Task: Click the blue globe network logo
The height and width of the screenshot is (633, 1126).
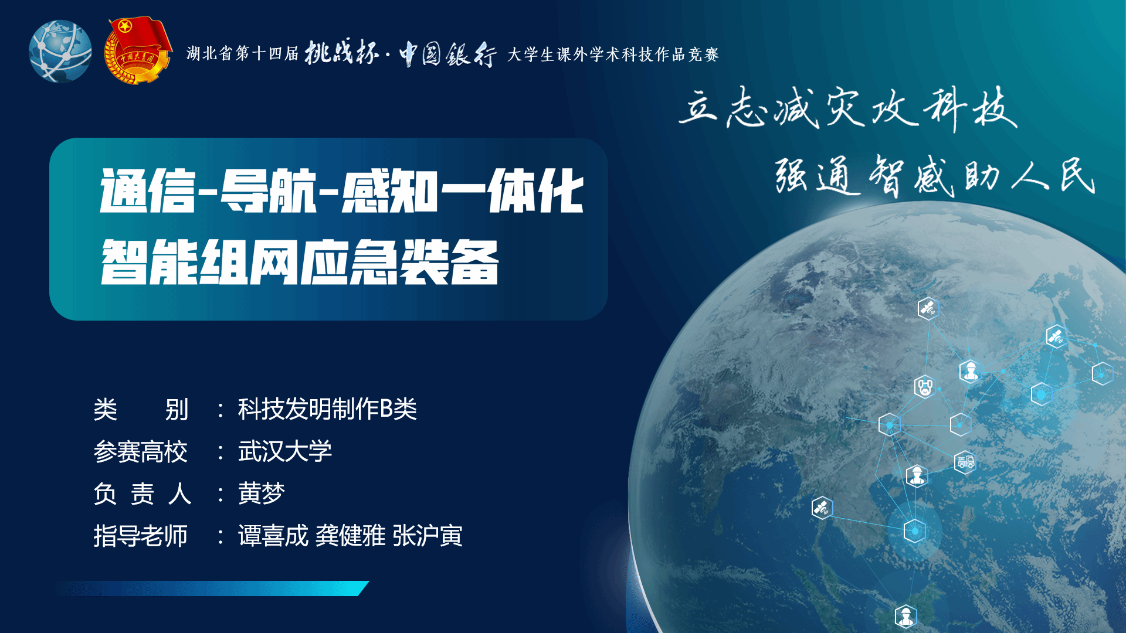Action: tap(60, 52)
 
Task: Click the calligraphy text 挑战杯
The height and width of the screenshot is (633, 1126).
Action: tap(341, 53)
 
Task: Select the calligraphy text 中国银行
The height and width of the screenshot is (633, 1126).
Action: tap(448, 55)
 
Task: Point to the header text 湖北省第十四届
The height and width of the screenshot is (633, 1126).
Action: tap(243, 54)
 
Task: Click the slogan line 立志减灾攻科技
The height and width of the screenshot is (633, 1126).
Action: tap(848, 108)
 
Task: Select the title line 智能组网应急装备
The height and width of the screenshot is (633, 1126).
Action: tap(300, 262)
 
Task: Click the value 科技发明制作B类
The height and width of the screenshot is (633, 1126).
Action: tap(327, 409)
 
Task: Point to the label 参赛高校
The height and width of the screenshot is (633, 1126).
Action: tap(141, 452)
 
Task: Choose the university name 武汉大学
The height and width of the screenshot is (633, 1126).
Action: tap(285, 451)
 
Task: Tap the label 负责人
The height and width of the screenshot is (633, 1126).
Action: tap(143, 494)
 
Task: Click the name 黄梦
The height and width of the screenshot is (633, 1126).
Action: tap(261, 494)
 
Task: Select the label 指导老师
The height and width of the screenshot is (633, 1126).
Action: tap(141, 536)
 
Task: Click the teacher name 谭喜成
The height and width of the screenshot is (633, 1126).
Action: tap(273, 536)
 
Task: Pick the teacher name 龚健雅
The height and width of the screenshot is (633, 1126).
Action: tap(351, 536)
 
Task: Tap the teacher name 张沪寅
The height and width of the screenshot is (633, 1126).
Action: tap(428, 536)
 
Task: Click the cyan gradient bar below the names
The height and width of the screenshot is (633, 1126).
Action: tap(212, 588)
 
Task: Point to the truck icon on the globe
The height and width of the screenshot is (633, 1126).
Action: tap(965, 462)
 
